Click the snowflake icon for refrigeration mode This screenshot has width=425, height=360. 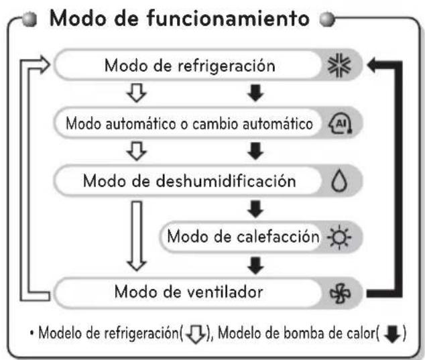pyautogui.click(x=339, y=65)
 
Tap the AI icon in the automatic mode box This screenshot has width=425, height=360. pyautogui.click(x=341, y=123)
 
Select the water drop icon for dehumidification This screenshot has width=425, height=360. pyautogui.click(x=339, y=181)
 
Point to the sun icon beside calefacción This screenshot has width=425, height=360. pyautogui.click(x=339, y=237)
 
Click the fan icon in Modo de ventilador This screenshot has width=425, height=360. pyautogui.click(x=340, y=294)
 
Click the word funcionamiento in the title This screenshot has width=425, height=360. pyautogui.click(x=228, y=18)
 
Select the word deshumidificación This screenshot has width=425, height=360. pyautogui.click(x=226, y=181)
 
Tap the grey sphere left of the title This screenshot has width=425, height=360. pyautogui.click(x=29, y=19)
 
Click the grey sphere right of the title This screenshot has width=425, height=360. pyautogui.click(x=327, y=19)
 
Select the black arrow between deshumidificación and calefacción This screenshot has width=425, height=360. pyautogui.click(x=255, y=209)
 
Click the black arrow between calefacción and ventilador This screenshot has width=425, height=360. pyautogui.click(x=255, y=265)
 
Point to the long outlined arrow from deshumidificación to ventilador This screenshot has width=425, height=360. pyautogui.click(x=137, y=236)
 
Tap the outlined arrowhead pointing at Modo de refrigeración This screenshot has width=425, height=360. pyautogui.click(x=44, y=65)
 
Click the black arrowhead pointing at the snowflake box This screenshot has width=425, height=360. pyautogui.click(x=372, y=65)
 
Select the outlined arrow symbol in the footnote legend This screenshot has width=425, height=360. pyautogui.click(x=196, y=335)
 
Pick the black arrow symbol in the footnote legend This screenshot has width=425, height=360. pyautogui.click(x=393, y=334)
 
